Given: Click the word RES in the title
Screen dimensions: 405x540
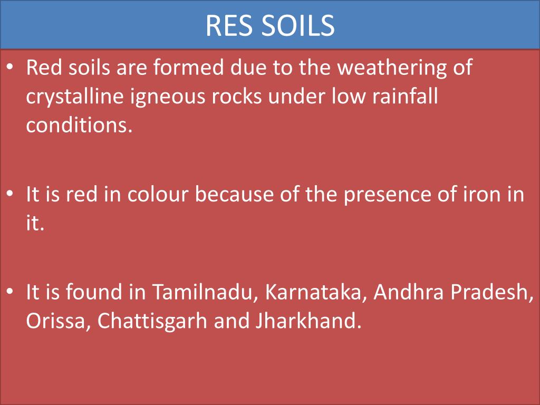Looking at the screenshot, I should point(228,25).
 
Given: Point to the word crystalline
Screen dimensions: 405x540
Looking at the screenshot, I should point(72,98).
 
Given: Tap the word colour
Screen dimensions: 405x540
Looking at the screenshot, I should point(157,195).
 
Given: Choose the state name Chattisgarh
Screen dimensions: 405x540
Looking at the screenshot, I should point(152,321).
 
